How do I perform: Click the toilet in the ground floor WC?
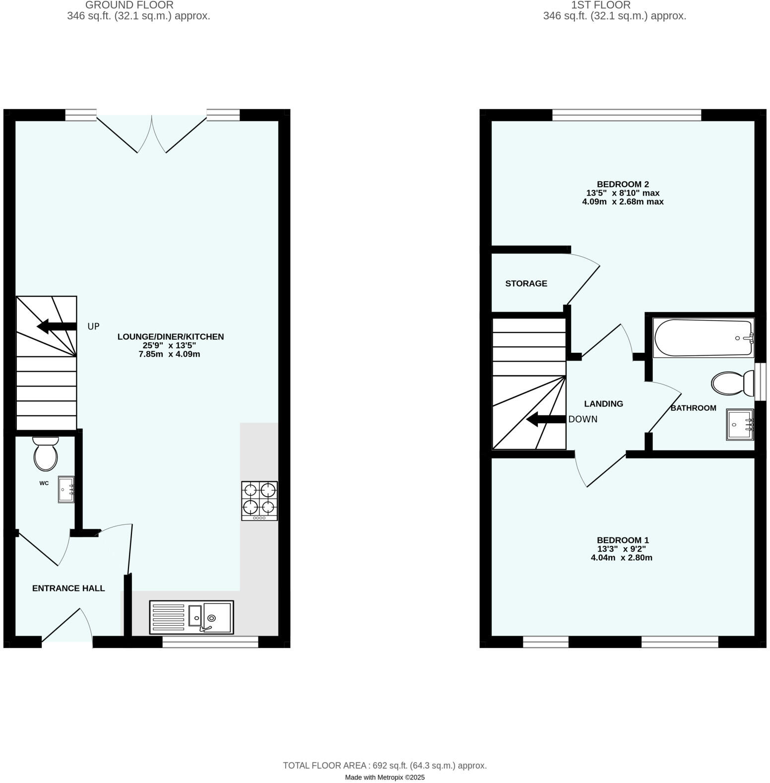pyautogui.click(x=46, y=454)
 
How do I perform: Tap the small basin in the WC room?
pyautogui.click(x=66, y=490)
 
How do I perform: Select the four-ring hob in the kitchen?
pyautogui.click(x=259, y=500)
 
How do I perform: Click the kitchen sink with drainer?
pyautogui.click(x=192, y=617)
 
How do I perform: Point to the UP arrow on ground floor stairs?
pyautogui.click(x=57, y=326)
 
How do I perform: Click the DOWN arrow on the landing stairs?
pyautogui.click(x=546, y=420)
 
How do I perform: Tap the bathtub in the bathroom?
pyautogui.click(x=704, y=338)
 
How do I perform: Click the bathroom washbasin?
pyautogui.click(x=740, y=424)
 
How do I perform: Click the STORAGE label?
pyautogui.click(x=526, y=284)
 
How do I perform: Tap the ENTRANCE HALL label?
pyautogui.click(x=68, y=588)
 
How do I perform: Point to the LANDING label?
pyautogui.click(x=603, y=404)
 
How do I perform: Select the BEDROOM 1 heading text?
pyautogui.click(x=623, y=540)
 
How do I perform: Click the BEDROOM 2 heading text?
pyautogui.click(x=623, y=184)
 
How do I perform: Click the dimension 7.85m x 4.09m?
pyautogui.click(x=169, y=354)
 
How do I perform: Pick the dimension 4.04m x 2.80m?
pyautogui.click(x=621, y=558)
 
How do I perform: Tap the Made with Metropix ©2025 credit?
pyautogui.click(x=385, y=778)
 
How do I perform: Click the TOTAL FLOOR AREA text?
pyautogui.click(x=385, y=766)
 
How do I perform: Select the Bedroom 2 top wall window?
pyautogui.click(x=627, y=115)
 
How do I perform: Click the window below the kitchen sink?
pyautogui.click(x=210, y=642)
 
